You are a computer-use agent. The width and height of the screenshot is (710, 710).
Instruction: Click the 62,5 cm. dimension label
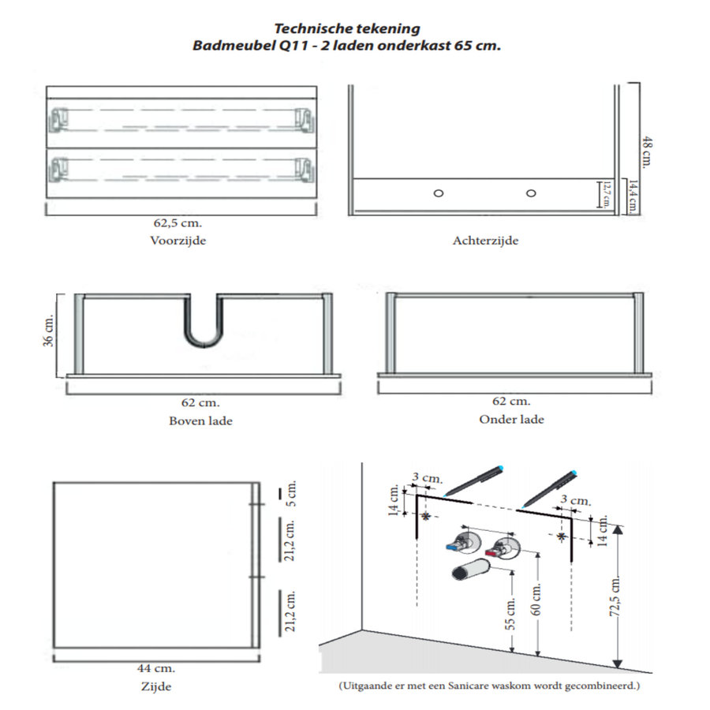coord(177,222)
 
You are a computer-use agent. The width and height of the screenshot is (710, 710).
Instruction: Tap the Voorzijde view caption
coord(178,241)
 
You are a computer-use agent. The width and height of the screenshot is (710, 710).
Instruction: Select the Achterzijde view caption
coord(485,241)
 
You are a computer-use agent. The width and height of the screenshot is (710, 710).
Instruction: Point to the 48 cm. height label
coord(647,152)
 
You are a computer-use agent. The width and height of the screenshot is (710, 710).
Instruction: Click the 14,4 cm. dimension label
coord(633,196)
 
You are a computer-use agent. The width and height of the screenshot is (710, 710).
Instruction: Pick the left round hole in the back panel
coord(439,193)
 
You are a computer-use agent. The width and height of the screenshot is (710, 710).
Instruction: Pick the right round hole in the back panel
coord(531,193)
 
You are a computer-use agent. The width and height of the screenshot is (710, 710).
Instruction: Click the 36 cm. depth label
coord(48,331)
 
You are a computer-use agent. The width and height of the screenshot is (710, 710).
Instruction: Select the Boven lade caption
coord(200,421)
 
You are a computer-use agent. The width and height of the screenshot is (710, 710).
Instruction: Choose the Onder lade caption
coord(512,420)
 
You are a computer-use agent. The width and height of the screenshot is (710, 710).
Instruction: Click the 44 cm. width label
coord(156,668)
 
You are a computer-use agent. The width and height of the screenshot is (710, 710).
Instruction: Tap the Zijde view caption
coord(156,687)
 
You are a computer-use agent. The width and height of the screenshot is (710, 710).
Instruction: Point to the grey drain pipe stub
coord(471,569)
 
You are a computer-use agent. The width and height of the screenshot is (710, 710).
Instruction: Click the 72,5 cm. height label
coord(615,597)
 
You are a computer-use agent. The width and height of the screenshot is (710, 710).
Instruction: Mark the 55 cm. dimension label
coord(510,615)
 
